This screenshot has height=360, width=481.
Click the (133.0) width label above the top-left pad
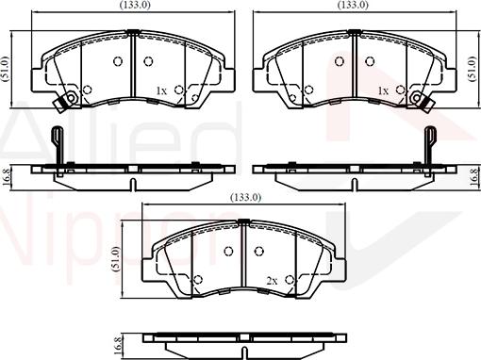(x=135, y=5)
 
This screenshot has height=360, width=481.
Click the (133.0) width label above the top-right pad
(x=353, y=5)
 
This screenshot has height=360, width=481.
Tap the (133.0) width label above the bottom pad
(x=245, y=197)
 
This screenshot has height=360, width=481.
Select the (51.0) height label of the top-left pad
(x=6, y=70)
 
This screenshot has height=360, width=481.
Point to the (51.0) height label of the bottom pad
(x=116, y=259)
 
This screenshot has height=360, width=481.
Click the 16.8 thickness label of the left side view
(x=6, y=177)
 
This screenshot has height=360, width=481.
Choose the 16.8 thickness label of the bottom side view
(x=117, y=346)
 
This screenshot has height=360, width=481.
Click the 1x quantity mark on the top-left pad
(x=161, y=91)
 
